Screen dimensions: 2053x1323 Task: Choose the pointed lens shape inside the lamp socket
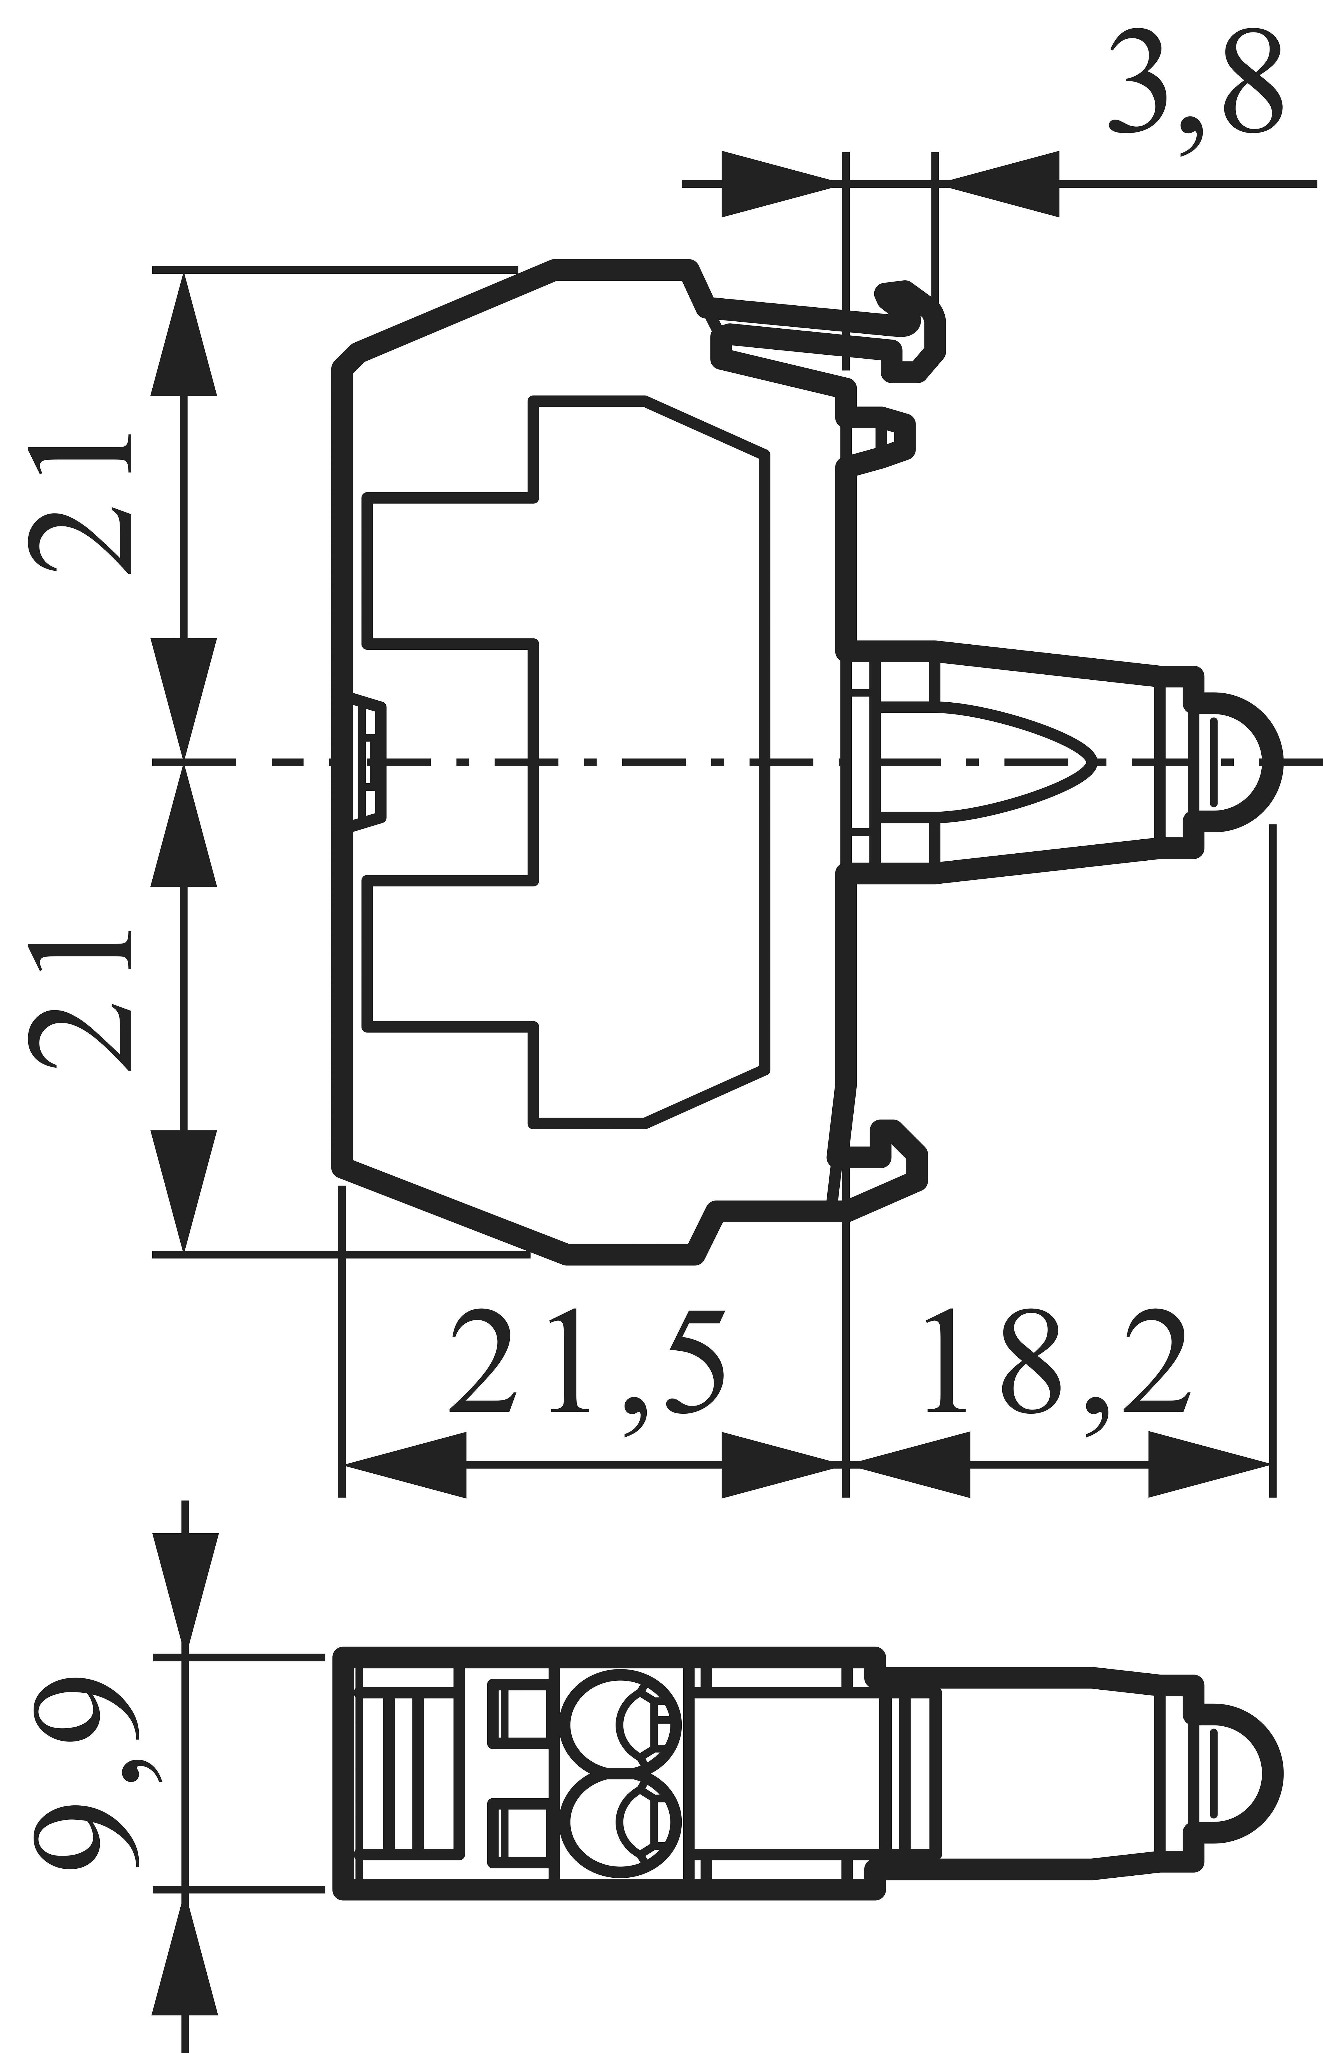pyautogui.click(x=1014, y=762)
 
